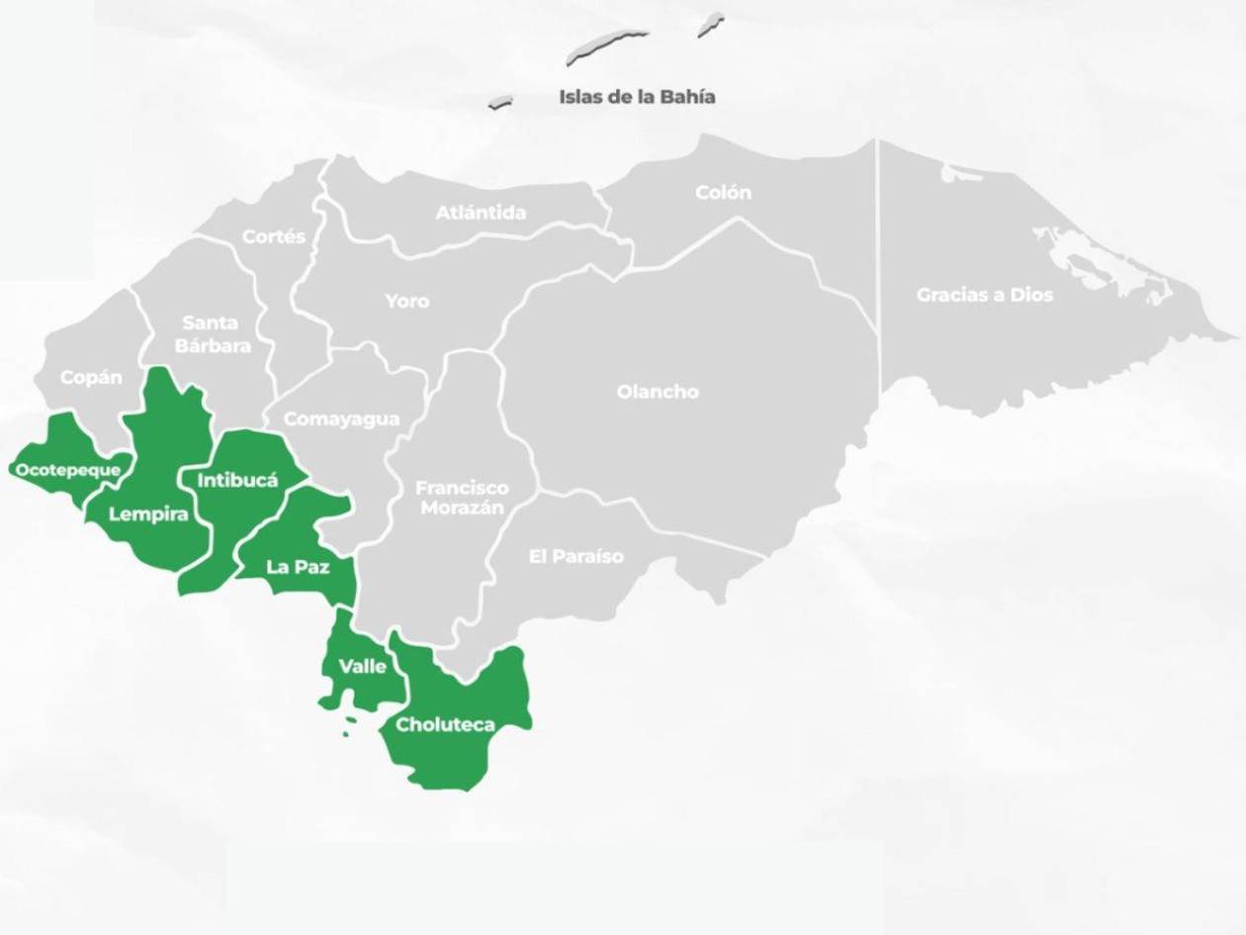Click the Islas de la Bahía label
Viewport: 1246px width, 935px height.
tap(637, 97)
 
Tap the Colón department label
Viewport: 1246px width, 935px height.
tap(723, 193)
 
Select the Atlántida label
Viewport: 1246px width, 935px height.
tap(482, 213)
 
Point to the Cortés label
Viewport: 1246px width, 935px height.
tap(274, 237)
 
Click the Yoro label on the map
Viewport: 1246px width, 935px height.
tap(407, 301)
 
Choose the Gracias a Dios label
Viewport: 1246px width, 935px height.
tap(985, 295)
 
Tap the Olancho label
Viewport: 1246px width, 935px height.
tap(658, 392)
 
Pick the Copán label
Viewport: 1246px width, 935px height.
tap(91, 378)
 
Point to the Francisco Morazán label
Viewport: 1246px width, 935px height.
tap(462, 498)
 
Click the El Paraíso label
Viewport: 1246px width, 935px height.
tap(577, 556)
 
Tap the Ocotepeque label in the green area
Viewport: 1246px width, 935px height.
tap(67, 470)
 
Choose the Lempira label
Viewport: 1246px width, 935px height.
tap(148, 514)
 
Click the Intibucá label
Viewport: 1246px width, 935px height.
tap(238, 481)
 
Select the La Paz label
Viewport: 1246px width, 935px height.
tap(298, 568)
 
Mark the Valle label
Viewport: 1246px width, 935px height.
tap(363, 666)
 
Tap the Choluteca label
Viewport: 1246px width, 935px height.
tap(445, 725)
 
